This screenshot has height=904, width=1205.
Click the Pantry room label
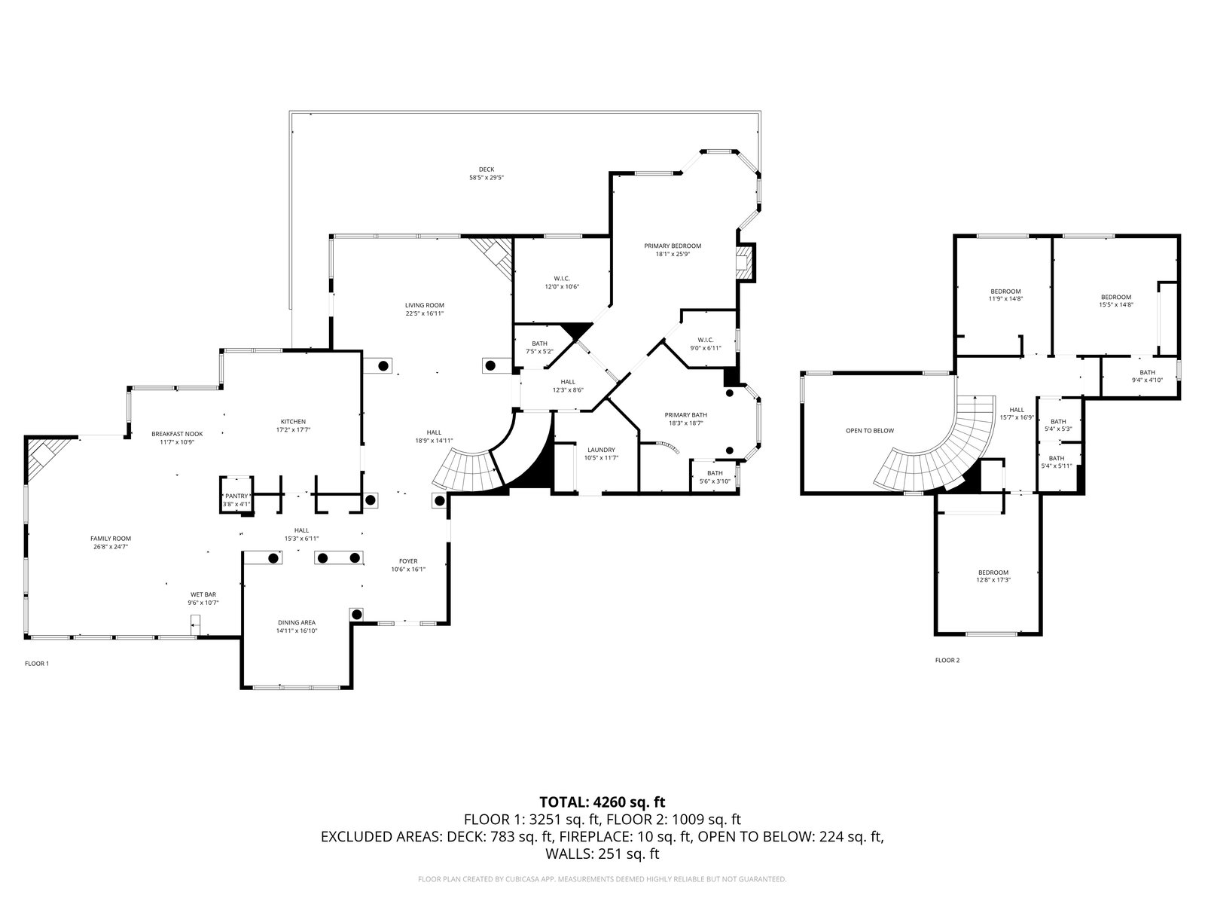pos(236,495)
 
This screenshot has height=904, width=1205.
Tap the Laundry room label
pos(601,450)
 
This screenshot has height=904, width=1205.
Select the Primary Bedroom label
pos(673,246)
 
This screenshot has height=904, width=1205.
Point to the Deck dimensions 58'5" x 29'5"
pos(487,178)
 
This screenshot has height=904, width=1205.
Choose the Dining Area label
pos(297,622)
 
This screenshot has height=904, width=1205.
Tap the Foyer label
pos(408,560)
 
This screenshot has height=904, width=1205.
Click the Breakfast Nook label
pos(177,434)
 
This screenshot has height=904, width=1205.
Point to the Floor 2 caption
pos(947,660)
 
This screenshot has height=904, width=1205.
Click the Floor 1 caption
pos(37,663)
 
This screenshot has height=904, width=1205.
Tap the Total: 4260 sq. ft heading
pos(602,802)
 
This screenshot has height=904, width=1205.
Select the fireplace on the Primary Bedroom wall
pos(745,261)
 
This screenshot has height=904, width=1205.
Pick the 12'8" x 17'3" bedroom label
pos(993,573)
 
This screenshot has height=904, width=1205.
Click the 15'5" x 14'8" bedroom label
pos(1115,297)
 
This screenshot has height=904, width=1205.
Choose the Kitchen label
pos(293,421)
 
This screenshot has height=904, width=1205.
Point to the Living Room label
pos(425,305)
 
